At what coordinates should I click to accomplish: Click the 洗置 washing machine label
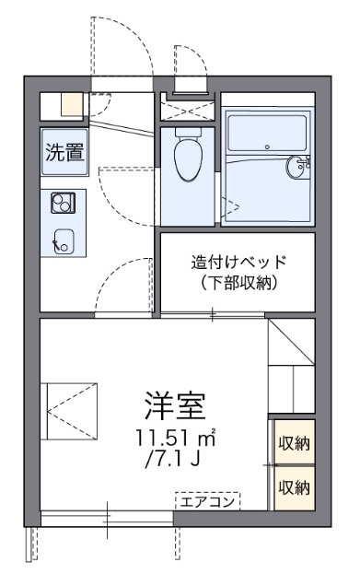(64, 152)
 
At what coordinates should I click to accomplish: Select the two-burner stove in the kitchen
(63, 203)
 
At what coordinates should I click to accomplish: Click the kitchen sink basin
(64, 240)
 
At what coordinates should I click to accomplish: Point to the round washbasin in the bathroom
(296, 167)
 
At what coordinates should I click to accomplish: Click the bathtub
(267, 134)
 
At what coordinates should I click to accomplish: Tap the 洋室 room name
(175, 405)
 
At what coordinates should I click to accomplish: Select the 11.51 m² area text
(176, 437)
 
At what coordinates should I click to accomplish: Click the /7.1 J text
(172, 458)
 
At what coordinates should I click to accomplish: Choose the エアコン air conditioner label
(207, 501)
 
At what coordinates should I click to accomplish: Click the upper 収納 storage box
(295, 442)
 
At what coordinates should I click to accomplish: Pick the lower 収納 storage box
(295, 488)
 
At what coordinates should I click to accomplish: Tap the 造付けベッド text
(238, 262)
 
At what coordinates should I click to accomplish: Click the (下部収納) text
(238, 283)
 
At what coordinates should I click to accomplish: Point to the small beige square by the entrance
(72, 104)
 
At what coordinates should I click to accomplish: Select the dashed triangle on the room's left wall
(72, 411)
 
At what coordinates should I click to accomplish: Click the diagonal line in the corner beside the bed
(291, 342)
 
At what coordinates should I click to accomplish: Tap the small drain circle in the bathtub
(267, 146)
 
